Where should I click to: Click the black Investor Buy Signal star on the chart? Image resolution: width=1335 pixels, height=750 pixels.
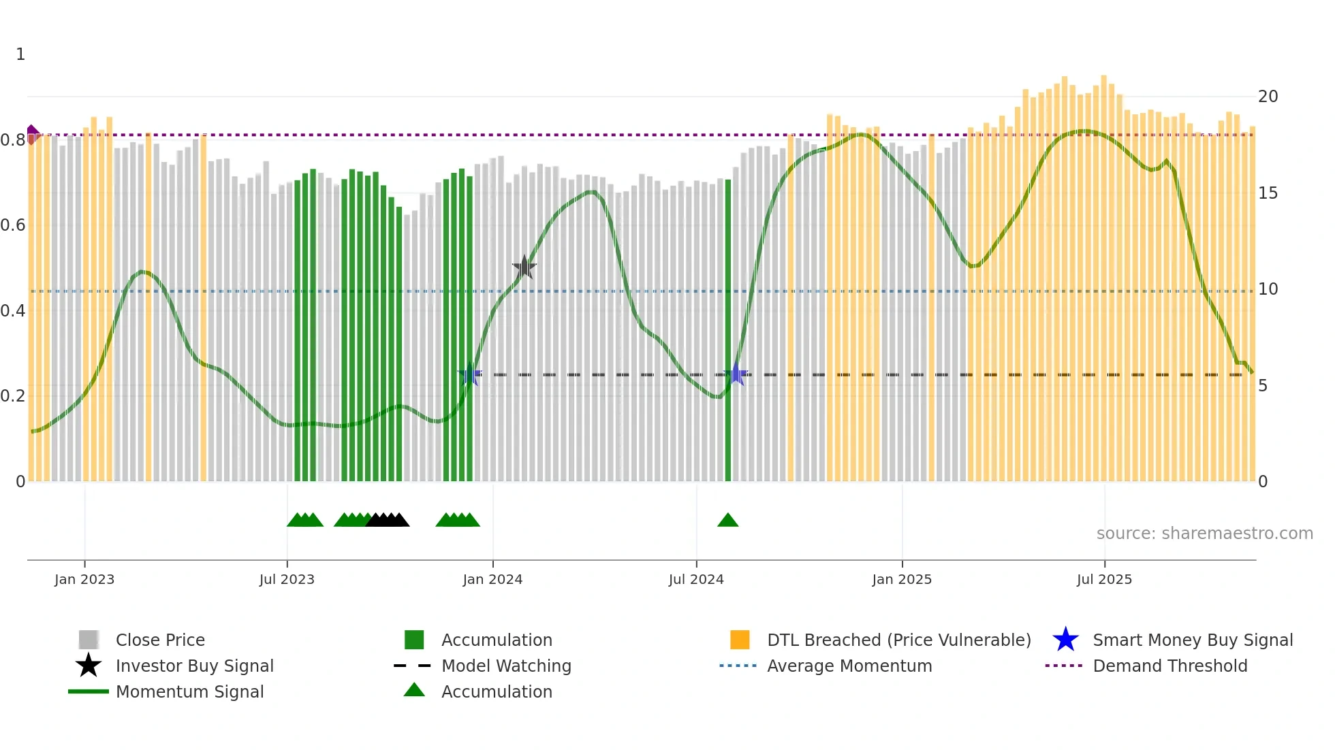(524, 267)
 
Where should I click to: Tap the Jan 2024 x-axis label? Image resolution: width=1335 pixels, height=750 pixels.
(492, 580)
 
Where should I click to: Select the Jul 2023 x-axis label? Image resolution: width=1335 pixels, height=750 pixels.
(287, 580)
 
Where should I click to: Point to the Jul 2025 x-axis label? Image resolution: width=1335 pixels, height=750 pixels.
(1104, 580)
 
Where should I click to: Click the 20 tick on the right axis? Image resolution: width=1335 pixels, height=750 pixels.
(1268, 97)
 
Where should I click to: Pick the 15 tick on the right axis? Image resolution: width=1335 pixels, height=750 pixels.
(1268, 193)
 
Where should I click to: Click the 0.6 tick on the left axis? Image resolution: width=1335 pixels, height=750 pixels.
(13, 225)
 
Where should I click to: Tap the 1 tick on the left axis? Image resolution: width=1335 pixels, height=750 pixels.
(20, 54)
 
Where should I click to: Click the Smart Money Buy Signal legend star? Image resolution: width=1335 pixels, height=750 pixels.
(1065, 640)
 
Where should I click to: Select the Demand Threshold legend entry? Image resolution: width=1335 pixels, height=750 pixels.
(1169, 666)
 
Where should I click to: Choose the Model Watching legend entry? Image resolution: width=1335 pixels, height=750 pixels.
(505, 666)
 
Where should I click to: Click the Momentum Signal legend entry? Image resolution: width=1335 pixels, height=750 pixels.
(189, 692)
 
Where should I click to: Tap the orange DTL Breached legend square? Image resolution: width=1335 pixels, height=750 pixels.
(740, 640)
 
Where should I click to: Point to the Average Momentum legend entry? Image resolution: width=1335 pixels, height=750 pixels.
(849, 666)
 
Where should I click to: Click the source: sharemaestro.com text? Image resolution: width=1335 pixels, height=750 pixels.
(1204, 534)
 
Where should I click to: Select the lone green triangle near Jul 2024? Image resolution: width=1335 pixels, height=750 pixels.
(728, 521)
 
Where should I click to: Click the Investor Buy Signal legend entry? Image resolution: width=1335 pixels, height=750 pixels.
(194, 666)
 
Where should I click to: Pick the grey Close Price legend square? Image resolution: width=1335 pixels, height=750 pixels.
(89, 640)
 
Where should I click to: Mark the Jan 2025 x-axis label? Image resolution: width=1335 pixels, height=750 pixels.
(902, 580)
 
